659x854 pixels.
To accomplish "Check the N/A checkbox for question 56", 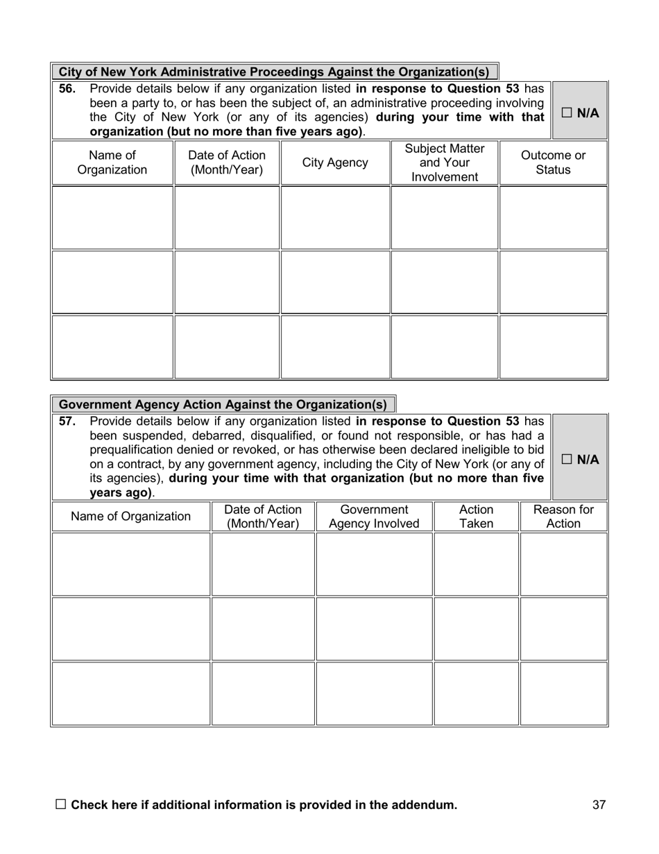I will pyautogui.click(x=567, y=113).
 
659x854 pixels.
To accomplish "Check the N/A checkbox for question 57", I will pyautogui.click(x=567, y=459).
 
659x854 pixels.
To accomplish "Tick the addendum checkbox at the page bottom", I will pyautogui.click(x=60, y=804).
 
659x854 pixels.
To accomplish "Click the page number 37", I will pyautogui.click(x=599, y=805).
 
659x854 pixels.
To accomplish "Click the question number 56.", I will pyautogui.click(x=67, y=89).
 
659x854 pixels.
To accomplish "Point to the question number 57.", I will pyautogui.click(x=67, y=421).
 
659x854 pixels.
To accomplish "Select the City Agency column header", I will pyautogui.click(x=335, y=162).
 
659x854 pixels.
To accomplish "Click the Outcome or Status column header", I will pyautogui.click(x=553, y=162).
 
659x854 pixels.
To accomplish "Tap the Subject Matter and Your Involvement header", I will pyautogui.click(x=444, y=162).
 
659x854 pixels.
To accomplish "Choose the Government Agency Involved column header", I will pyautogui.click(x=374, y=517).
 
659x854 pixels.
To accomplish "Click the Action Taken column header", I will pyautogui.click(x=477, y=517).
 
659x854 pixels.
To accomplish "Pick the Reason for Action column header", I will pyautogui.click(x=563, y=517).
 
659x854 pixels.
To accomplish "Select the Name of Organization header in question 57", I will pyautogui.click(x=130, y=517).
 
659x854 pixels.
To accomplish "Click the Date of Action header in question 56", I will pyautogui.click(x=227, y=162).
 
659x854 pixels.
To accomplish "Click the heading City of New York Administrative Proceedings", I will pyautogui.click(x=274, y=72).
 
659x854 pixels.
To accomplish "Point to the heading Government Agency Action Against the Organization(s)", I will pyautogui.click(x=223, y=404).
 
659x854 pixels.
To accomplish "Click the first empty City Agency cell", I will pyautogui.click(x=335, y=217).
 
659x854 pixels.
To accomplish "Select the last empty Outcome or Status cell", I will pyautogui.click(x=553, y=346).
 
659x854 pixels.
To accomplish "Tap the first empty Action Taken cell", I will pyautogui.click(x=477, y=564).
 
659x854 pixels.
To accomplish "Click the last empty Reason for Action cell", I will pyautogui.click(x=563, y=693).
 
